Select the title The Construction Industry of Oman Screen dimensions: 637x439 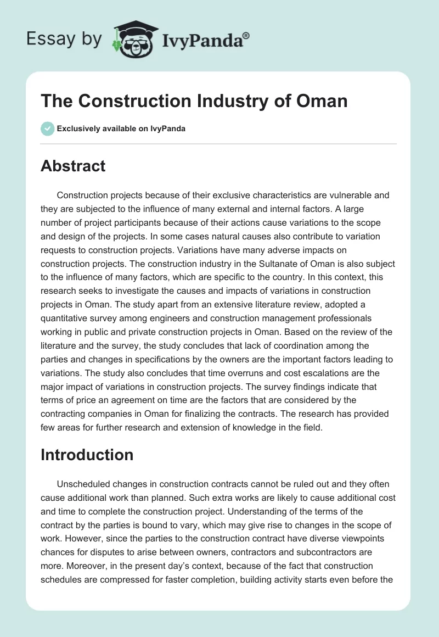(x=194, y=102)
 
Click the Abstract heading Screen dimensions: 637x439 (x=73, y=166)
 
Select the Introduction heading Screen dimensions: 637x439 (x=87, y=455)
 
